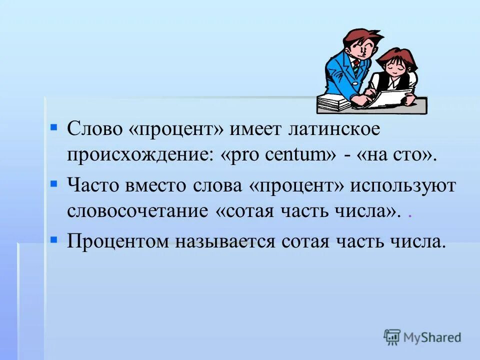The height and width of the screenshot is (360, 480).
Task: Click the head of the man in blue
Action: click(358, 44)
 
